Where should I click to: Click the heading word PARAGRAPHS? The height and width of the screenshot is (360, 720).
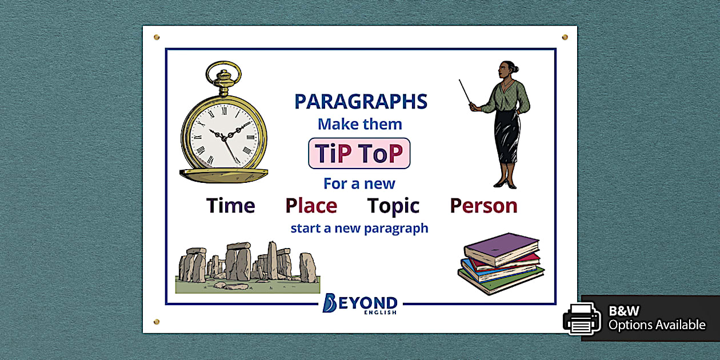(361, 102)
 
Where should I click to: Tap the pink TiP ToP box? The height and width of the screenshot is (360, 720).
(359, 153)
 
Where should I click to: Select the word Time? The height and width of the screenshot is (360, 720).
(230, 206)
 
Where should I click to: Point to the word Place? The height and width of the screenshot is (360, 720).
(311, 206)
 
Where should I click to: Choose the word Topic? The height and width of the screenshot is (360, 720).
(393, 206)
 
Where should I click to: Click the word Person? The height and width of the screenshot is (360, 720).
(483, 206)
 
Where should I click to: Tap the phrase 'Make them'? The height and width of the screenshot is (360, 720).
(359, 124)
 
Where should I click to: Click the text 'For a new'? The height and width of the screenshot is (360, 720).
(359, 183)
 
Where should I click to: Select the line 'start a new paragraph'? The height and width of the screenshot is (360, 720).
(359, 229)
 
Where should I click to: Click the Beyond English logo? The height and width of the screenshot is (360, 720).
(359, 303)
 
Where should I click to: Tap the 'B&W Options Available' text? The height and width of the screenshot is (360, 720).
(657, 318)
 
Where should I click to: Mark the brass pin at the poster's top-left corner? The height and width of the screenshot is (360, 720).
(157, 38)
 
